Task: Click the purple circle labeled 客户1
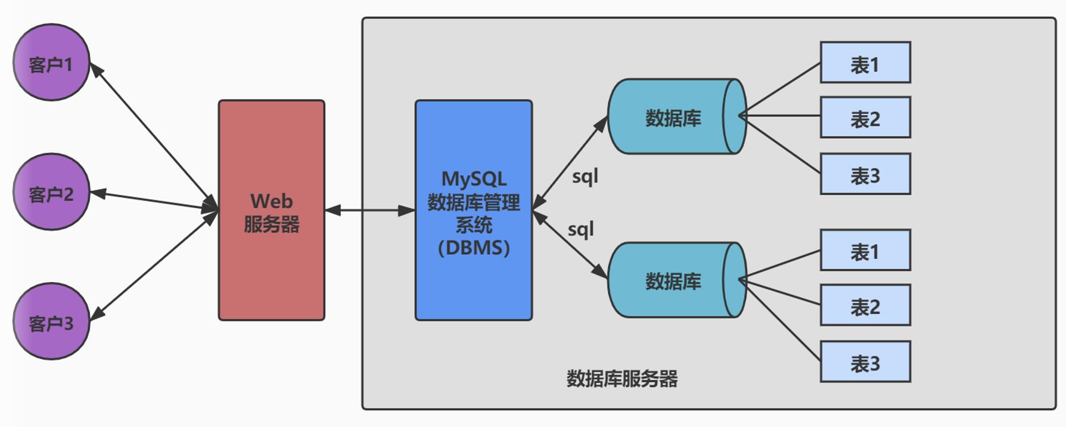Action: tap(51, 63)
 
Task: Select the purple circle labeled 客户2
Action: tap(51, 192)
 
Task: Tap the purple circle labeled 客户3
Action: tap(51, 321)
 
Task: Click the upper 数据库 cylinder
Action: tap(673, 117)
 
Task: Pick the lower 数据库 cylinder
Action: tap(673, 280)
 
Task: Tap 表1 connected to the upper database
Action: tap(865, 63)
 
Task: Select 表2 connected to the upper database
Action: tap(865, 117)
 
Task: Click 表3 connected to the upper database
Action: tap(865, 174)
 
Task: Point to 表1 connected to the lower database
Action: tap(865, 250)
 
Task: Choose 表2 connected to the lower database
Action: tap(865, 305)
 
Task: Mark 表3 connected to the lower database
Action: tap(865, 362)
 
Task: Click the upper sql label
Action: tap(585, 177)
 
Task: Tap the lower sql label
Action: tap(580, 230)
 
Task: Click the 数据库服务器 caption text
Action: tap(621, 379)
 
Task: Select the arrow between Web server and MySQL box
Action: tap(369, 210)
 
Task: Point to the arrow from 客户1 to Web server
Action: tap(152, 134)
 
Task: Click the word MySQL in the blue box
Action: tap(474, 179)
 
